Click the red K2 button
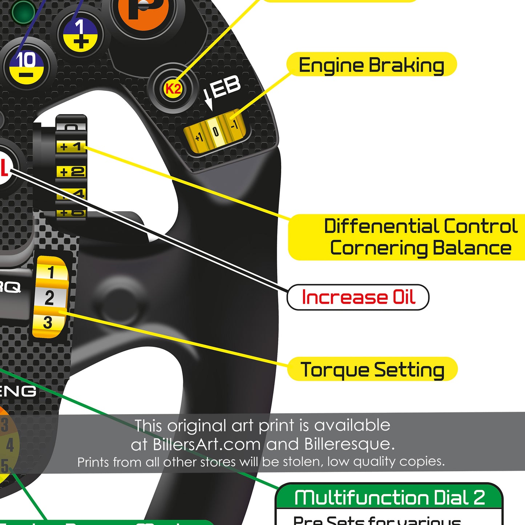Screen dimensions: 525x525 173,88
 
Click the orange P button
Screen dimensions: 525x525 144,9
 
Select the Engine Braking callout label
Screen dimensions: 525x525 371,65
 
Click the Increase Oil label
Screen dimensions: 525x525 358,297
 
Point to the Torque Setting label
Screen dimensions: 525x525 372,369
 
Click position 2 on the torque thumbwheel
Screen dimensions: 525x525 49,298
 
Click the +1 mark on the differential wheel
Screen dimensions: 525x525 71,146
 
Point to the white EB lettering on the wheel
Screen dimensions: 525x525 226,87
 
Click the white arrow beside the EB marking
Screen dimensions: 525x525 208,100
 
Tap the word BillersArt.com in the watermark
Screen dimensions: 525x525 207,444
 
